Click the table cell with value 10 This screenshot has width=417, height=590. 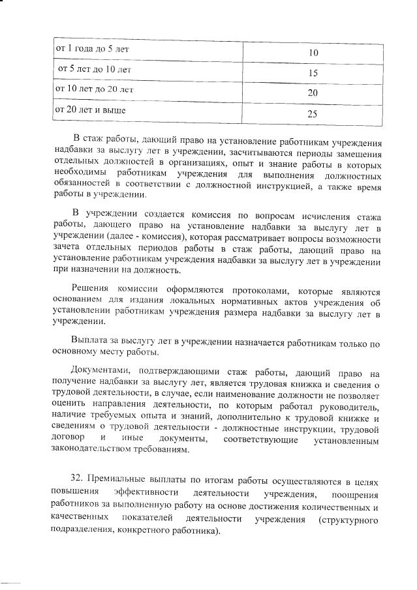coord(313,52)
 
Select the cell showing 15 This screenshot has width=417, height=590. coord(313,74)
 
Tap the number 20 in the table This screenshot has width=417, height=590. coord(313,94)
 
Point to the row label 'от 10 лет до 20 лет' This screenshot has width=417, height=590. coord(95,89)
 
